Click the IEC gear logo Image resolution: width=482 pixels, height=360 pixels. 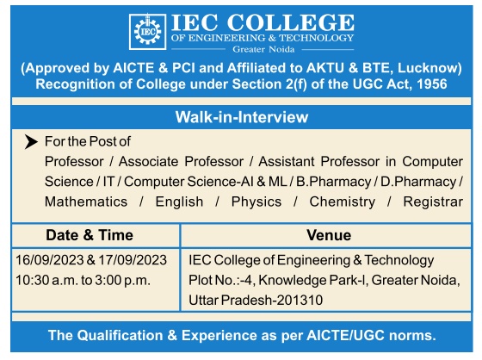tap(147, 31)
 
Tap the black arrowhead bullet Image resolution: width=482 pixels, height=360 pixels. tap(31, 142)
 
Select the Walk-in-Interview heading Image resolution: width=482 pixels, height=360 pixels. tap(242, 117)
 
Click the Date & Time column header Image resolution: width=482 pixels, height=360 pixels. tap(90, 235)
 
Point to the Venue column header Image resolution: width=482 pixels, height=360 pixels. tap(329, 235)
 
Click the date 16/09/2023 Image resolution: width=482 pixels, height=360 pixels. tap(50, 260)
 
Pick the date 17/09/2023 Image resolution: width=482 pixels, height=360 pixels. tap(133, 260)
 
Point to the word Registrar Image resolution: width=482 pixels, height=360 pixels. tap(433, 202)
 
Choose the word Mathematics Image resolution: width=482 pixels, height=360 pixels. tap(86, 202)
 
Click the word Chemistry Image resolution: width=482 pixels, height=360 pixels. tap(343, 202)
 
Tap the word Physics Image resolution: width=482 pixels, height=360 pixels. tap(256, 202)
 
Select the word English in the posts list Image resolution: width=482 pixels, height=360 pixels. tap(179, 202)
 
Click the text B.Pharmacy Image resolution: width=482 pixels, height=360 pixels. tap(334, 182)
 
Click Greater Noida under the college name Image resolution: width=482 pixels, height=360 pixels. tap(263, 49)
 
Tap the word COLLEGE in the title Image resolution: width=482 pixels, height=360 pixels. tap(291, 22)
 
